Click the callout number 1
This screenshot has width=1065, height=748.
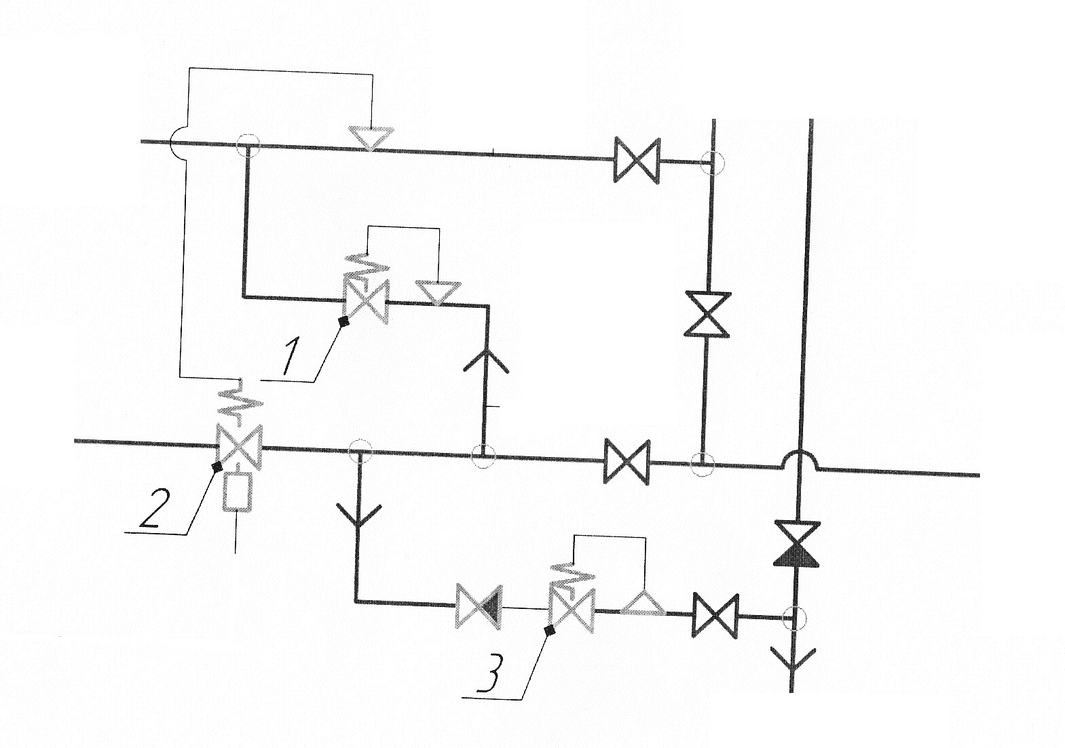[291, 355]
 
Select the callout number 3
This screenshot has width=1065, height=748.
[490, 673]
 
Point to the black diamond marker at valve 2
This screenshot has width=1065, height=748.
[217, 467]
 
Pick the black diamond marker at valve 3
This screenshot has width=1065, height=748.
[550, 631]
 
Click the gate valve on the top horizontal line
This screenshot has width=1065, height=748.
[637, 161]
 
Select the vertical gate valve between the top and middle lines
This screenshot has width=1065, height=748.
[707, 315]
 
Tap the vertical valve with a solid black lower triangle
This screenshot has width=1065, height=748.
[798, 544]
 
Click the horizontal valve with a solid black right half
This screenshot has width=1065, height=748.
[479, 606]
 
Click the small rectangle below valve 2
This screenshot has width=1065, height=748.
[238, 492]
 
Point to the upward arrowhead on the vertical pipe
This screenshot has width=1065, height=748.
[486, 360]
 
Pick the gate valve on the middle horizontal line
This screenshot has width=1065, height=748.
[627, 462]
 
